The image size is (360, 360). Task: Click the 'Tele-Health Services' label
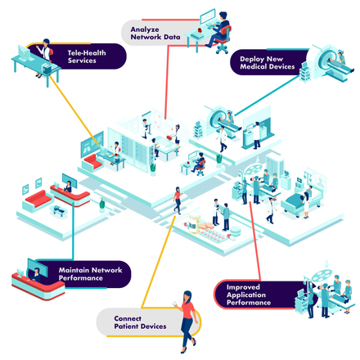click(x=87, y=56)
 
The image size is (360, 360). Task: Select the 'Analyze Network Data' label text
click(x=155, y=33)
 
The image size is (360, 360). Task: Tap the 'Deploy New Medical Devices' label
click(x=268, y=63)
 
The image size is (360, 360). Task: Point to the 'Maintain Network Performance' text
click(x=90, y=274)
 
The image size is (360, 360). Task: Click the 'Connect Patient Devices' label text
click(x=140, y=322)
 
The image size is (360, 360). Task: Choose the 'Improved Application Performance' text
click(x=249, y=295)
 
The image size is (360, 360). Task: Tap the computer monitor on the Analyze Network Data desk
click(x=207, y=16)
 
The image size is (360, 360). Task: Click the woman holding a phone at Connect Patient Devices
click(x=187, y=322)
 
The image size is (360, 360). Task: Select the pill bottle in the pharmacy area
click(x=195, y=223)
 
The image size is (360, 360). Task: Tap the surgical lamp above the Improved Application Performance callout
click(x=322, y=276)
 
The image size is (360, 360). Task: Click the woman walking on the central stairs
click(x=178, y=200)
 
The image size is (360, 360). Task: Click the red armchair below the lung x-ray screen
click(x=92, y=162)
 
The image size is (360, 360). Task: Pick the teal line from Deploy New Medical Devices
click(x=268, y=96)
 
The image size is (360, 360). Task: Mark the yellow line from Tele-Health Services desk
click(x=74, y=110)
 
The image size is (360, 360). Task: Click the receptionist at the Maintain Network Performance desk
click(x=35, y=275)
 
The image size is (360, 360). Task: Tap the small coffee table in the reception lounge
click(x=59, y=210)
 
